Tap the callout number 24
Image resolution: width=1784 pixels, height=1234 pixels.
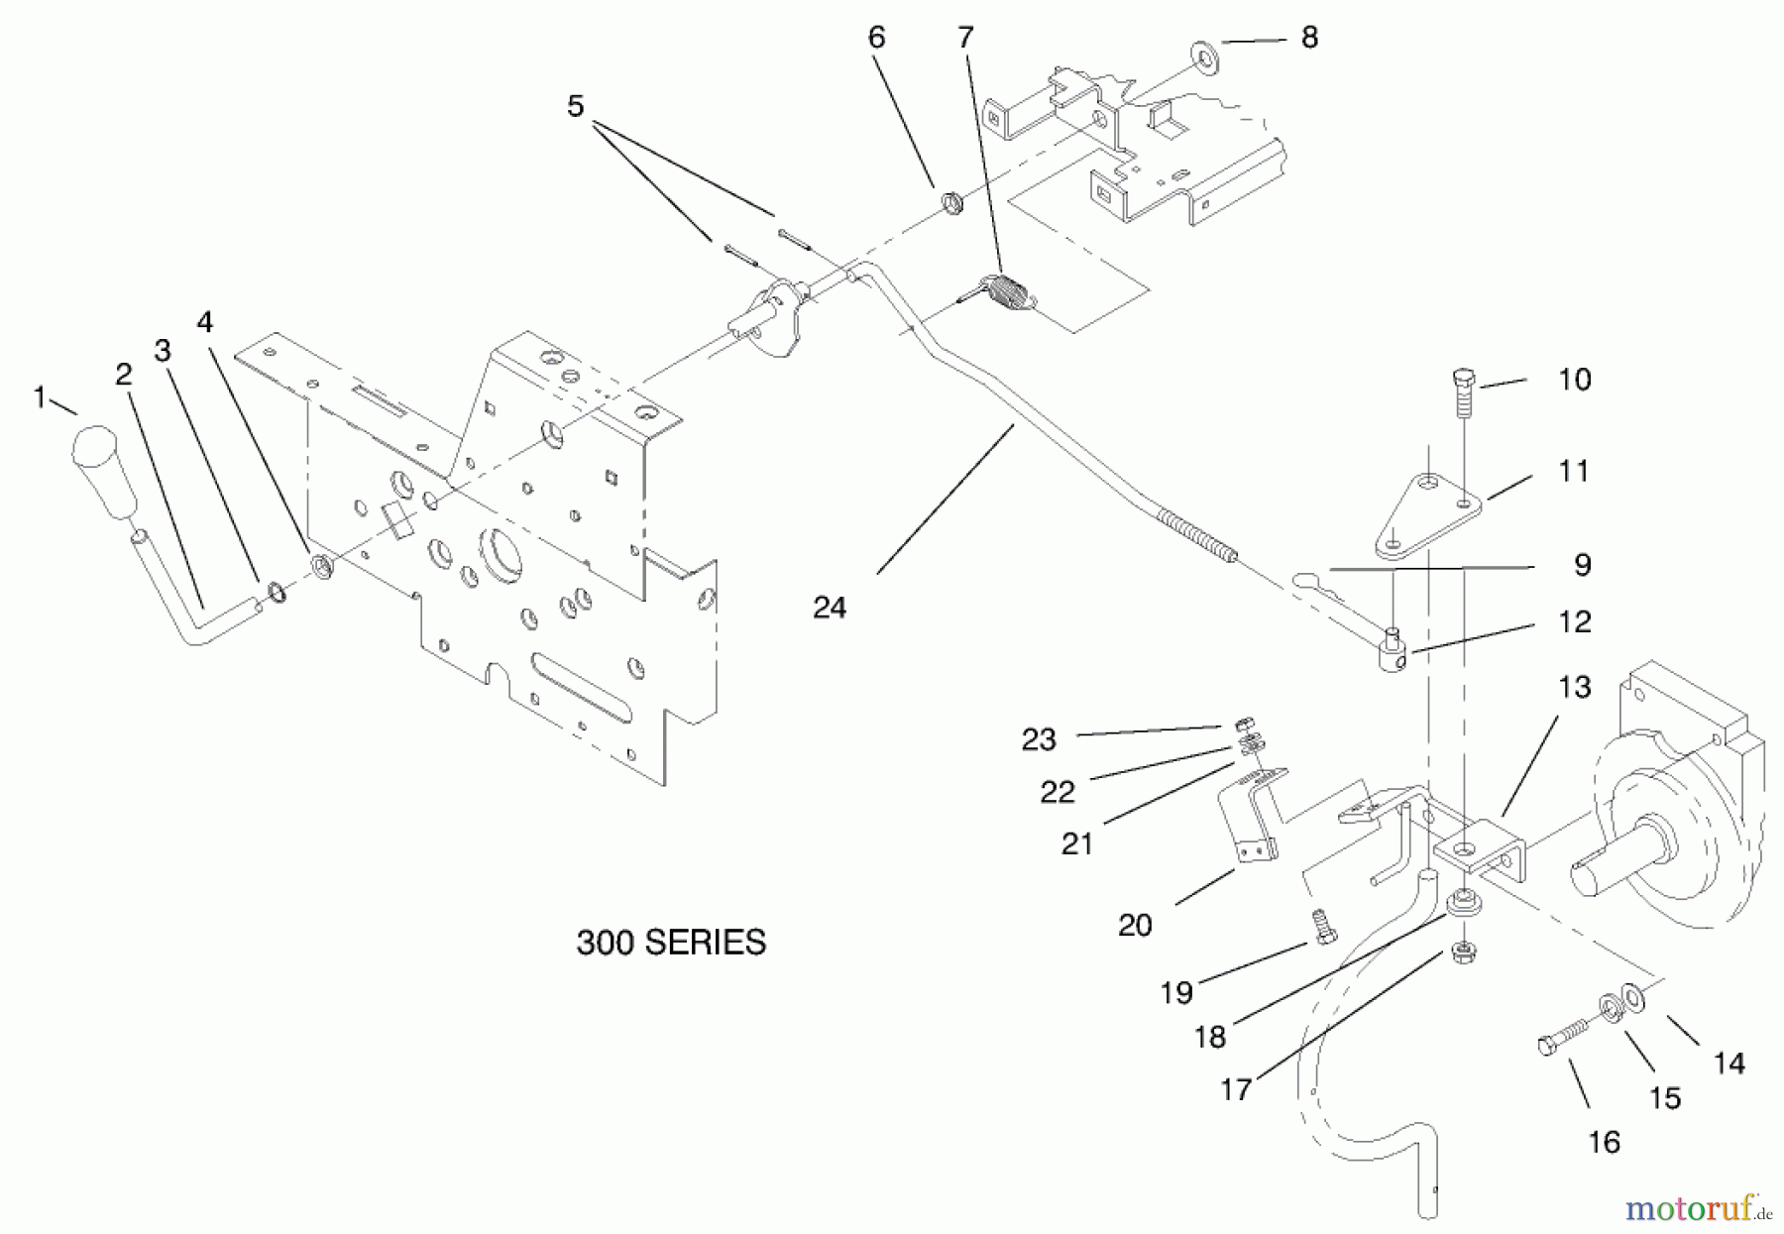point(829,608)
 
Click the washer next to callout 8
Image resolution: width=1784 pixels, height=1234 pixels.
point(1205,50)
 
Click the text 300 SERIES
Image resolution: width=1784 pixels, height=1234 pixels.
point(671,942)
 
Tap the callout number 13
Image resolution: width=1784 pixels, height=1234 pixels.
point(1573,687)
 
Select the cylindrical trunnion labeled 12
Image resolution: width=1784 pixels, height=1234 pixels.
point(1394,655)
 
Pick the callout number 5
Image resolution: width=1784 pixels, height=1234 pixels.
point(576,106)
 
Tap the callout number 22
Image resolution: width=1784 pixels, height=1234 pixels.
point(1057,791)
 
